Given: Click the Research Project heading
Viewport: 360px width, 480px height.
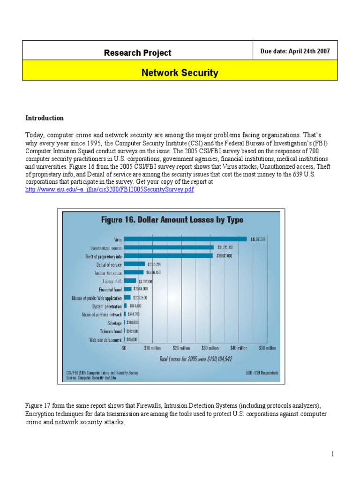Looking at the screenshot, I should tap(137, 53).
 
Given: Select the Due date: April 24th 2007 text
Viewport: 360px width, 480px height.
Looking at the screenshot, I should tap(298, 52).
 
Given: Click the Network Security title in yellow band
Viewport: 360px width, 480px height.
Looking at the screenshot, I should tap(180, 73).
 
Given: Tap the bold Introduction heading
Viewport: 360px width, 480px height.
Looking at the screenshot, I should tap(45, 118).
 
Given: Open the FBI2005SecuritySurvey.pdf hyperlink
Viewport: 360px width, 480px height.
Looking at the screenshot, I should tap(109, 189).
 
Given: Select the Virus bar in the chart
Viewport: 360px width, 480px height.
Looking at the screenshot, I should tap(185, 239).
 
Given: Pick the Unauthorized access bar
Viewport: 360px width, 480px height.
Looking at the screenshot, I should tap(169, 247).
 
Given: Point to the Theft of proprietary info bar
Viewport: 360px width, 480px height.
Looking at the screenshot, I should tap(168, 256).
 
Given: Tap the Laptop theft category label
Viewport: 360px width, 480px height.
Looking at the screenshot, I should tap(112, 281).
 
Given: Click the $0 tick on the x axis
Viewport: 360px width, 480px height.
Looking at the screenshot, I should tap(124, 348).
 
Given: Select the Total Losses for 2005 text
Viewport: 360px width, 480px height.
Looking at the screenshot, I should tap(195, 359).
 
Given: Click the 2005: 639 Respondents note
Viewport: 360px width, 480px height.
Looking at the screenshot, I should tap(261, 373).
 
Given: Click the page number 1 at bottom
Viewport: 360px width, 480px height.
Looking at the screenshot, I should tap(332, 454).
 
